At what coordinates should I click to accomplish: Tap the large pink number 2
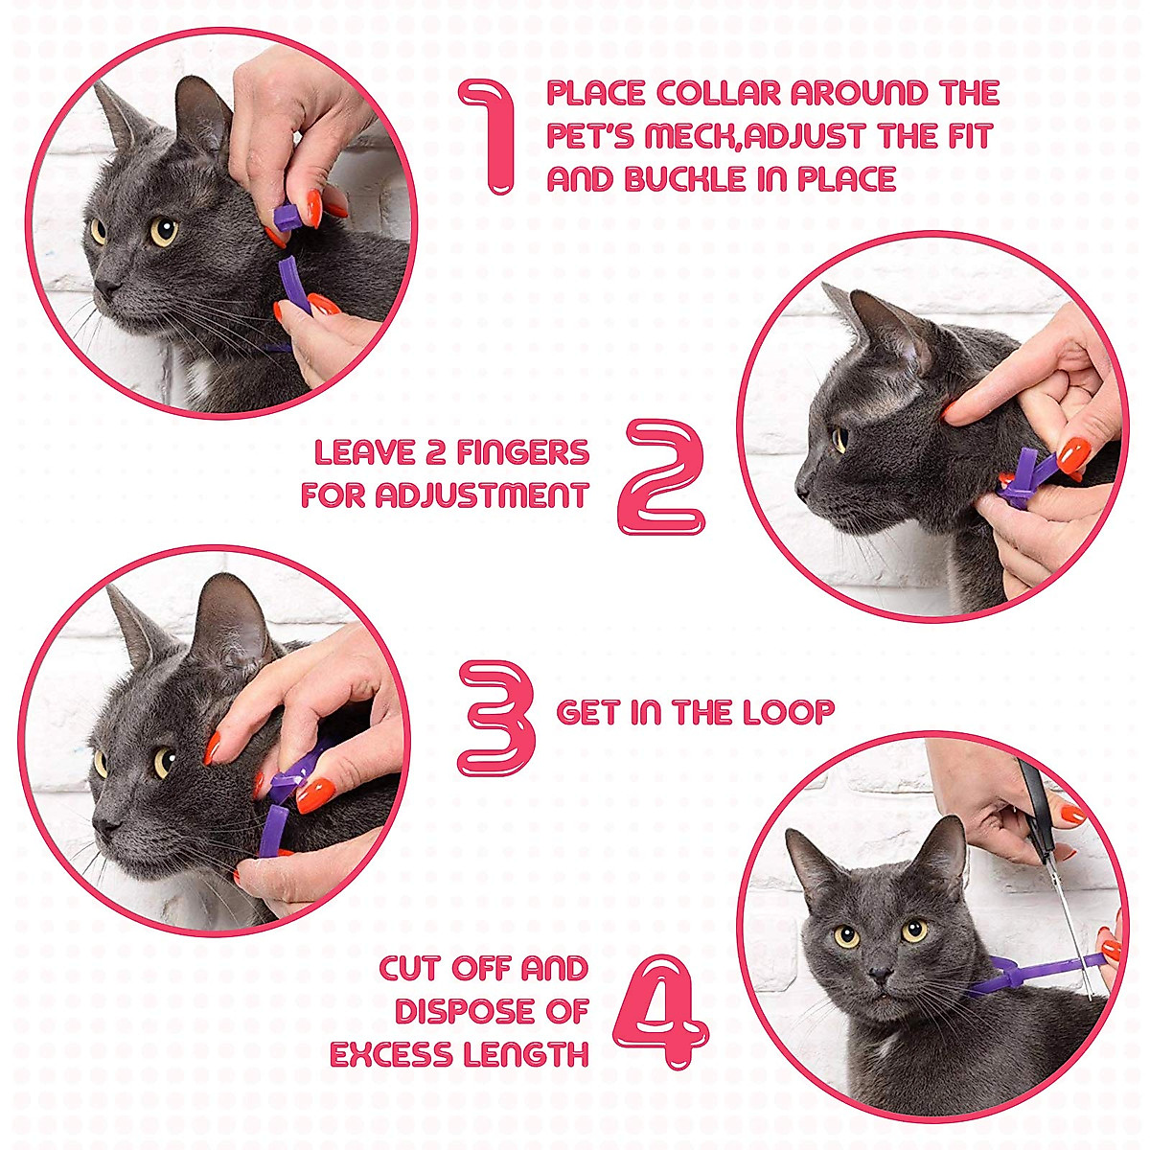click(664, 476)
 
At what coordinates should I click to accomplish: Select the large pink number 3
click(495, 718)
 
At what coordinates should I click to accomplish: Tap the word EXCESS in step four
click(391, 1054)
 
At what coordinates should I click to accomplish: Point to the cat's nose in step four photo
click(876, 974)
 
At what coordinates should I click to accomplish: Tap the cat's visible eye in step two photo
click(839, 438)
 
